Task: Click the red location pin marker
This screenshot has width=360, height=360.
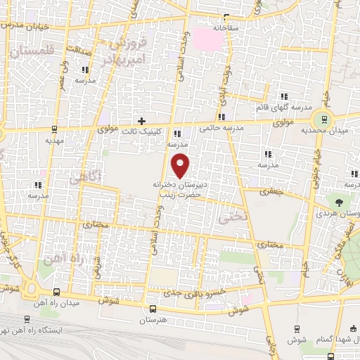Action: tap(181, 165)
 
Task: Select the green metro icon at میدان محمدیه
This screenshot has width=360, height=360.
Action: tap(324, 118)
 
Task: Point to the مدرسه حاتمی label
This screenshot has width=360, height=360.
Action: tap(221, 129)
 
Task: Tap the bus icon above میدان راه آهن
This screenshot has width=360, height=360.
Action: tap(56, 291)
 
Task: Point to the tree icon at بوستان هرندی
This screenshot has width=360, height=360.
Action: tap(340, 202)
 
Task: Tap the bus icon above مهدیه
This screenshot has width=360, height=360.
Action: tap(54, 129)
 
